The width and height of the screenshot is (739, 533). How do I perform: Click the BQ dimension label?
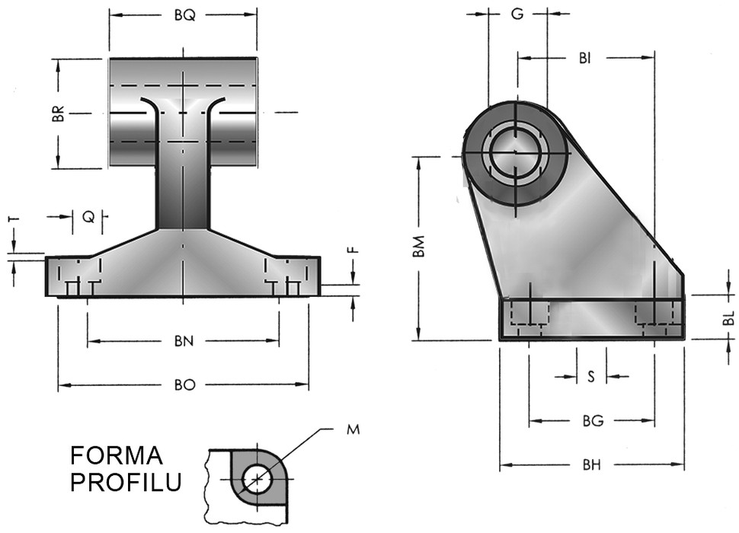click(x=183, y=15)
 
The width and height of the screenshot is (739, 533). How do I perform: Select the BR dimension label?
click(x=67, y=115)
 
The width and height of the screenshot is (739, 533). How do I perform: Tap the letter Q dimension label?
click(x=89, y=217)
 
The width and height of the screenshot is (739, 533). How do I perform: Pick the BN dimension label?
click(x=183, y=342)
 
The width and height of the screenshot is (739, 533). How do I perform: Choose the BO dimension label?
click(x=184, y=385)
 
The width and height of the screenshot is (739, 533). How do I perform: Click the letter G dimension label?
click(x=517, y=14)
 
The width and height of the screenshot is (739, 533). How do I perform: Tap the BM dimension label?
click(x=417, y=247)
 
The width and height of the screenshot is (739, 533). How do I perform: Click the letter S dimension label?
click(x=592, y=376)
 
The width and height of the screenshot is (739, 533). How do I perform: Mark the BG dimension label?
click(x=592, y=420)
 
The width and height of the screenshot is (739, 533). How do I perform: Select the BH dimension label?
click(x=592, y=465)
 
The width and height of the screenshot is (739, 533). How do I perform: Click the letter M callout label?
click(x=353, y=429)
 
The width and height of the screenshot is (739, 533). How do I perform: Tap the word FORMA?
click(x=117, y=456)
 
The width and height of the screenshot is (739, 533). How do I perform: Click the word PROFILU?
click(x=126, y=482)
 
